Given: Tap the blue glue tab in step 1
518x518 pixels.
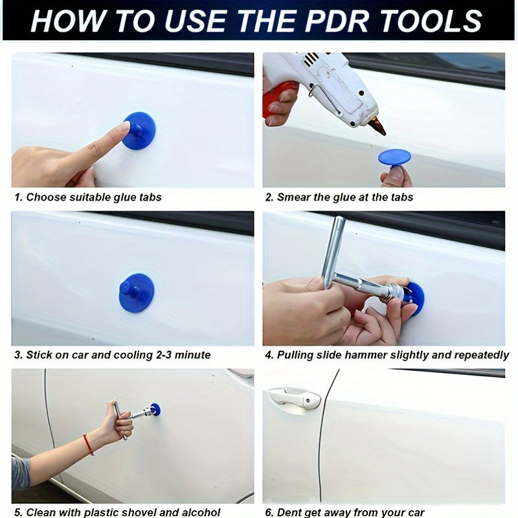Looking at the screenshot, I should pos(139,130).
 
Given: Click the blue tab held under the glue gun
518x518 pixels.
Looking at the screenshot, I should pos(394,157).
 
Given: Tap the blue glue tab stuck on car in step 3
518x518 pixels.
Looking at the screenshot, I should pos(137,293).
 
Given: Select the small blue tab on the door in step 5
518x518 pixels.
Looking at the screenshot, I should pos(155,409).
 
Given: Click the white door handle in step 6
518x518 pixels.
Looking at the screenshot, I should pos(295,398).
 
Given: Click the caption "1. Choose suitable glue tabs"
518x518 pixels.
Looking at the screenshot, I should pos(87,197).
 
